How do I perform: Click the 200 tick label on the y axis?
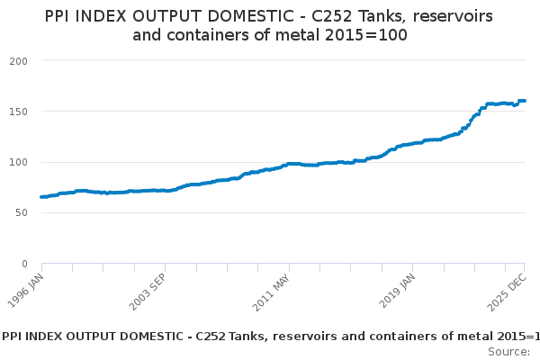tap(18, 60)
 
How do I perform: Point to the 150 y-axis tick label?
tap(18, 112)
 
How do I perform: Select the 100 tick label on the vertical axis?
tap(18, 162)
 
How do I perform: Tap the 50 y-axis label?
tap(22, 213)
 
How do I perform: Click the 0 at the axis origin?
tap(24, 264)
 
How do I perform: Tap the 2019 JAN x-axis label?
tap(397, 290)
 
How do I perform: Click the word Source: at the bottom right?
tap(508, 351)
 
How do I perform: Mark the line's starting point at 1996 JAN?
tap(42, 197)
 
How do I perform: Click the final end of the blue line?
tap(525, 101)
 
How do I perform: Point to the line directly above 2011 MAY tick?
tap(289, 164)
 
